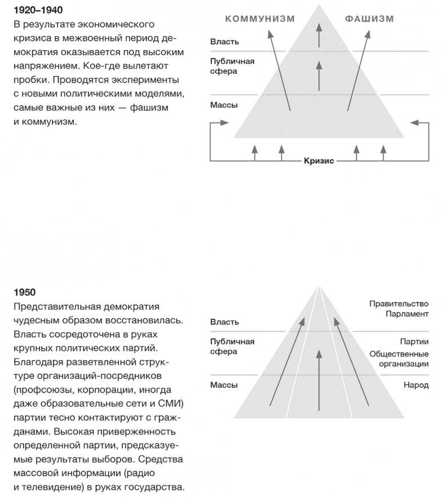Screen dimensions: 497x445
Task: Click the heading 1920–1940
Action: click(x=38, y=11)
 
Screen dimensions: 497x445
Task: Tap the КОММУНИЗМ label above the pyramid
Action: click(x=260, y=19)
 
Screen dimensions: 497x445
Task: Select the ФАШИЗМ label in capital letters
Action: click(x=369, y=19)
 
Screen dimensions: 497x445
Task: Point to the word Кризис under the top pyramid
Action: click(x=319, y=161)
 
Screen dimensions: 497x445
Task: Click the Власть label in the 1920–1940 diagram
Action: click(x=224, y=42)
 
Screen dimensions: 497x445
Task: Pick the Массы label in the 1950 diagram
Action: click(x=224, y=385)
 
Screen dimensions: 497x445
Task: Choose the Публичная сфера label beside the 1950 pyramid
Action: click(x=232, y=346)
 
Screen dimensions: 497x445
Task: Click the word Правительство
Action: click(x=399, y=304)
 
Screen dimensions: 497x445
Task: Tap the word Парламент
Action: click(x=407, y=314)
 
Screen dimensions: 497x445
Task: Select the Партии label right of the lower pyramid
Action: click(x=415, y=341)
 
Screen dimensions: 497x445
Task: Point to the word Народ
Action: click(x=416, y=385)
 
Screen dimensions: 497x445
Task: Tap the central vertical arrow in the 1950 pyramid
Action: click(x=319, y=382)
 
